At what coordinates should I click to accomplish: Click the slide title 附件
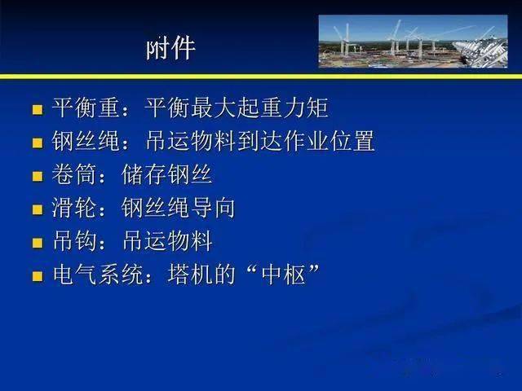click(170, 49)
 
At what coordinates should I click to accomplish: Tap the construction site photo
click(414, 42)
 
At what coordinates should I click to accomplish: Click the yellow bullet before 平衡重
click(38, 109)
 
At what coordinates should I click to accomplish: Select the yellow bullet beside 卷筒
click(38, 176)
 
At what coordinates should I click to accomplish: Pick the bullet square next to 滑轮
click(38, 209)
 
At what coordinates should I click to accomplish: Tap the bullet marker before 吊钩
click(38, 243)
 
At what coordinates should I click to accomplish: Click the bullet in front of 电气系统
click(38, 276)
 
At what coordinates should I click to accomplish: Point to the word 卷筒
click(74, 174)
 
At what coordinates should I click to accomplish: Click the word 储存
click(144, 174)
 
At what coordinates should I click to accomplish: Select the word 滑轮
click(74, 208)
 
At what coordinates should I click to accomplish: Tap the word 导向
click(213, 208)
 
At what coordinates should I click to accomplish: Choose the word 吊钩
click(74, 241)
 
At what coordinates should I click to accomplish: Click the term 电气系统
click(98, 274)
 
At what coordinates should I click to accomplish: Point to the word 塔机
click(190, 274)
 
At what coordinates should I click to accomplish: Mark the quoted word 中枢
click(284, 274)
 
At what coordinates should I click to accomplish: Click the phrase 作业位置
click(330, 141)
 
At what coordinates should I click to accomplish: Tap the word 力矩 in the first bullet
click(306, 108)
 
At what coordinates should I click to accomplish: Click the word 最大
click(214, 108)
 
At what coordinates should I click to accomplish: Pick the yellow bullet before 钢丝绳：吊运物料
click(38, 143)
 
